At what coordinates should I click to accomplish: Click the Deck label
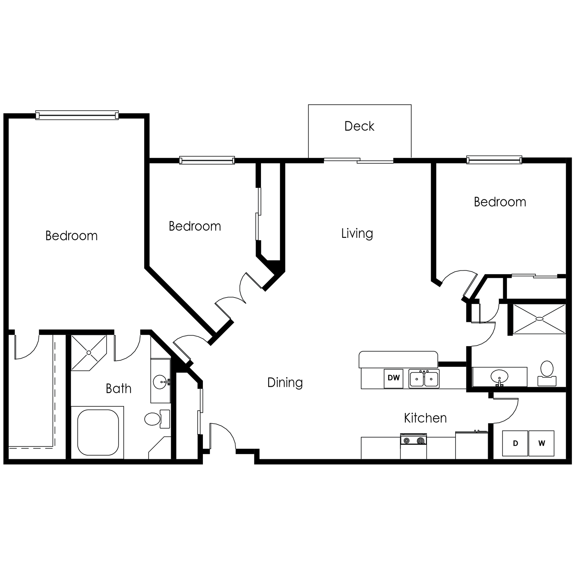359,126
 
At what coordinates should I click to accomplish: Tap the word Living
357,234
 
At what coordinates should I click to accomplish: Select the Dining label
285,383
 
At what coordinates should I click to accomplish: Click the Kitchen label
425,418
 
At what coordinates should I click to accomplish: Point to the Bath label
119,389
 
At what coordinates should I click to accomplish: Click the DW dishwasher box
393,378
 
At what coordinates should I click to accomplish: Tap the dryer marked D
515,443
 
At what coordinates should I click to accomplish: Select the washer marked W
541,443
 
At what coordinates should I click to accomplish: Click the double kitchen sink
424,378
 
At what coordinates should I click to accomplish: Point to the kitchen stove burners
413,440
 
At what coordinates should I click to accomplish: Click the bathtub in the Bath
98,432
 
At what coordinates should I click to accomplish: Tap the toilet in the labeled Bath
157,419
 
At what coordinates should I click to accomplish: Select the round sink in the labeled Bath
160,382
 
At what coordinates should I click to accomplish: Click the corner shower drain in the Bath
89,353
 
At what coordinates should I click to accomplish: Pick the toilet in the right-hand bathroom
547,373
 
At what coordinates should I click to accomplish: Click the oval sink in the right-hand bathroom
499,376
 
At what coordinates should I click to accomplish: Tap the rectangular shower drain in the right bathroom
539,319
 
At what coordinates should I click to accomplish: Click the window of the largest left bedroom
77,115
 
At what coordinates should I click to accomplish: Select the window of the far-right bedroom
494,160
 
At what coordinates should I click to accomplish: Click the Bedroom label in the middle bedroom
195,226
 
